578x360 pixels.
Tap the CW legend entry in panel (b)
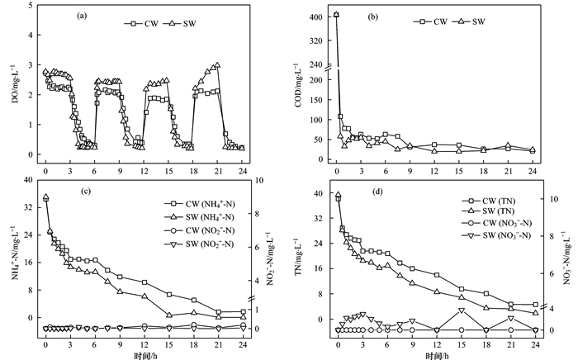433,23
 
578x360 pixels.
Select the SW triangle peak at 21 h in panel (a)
217,64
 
